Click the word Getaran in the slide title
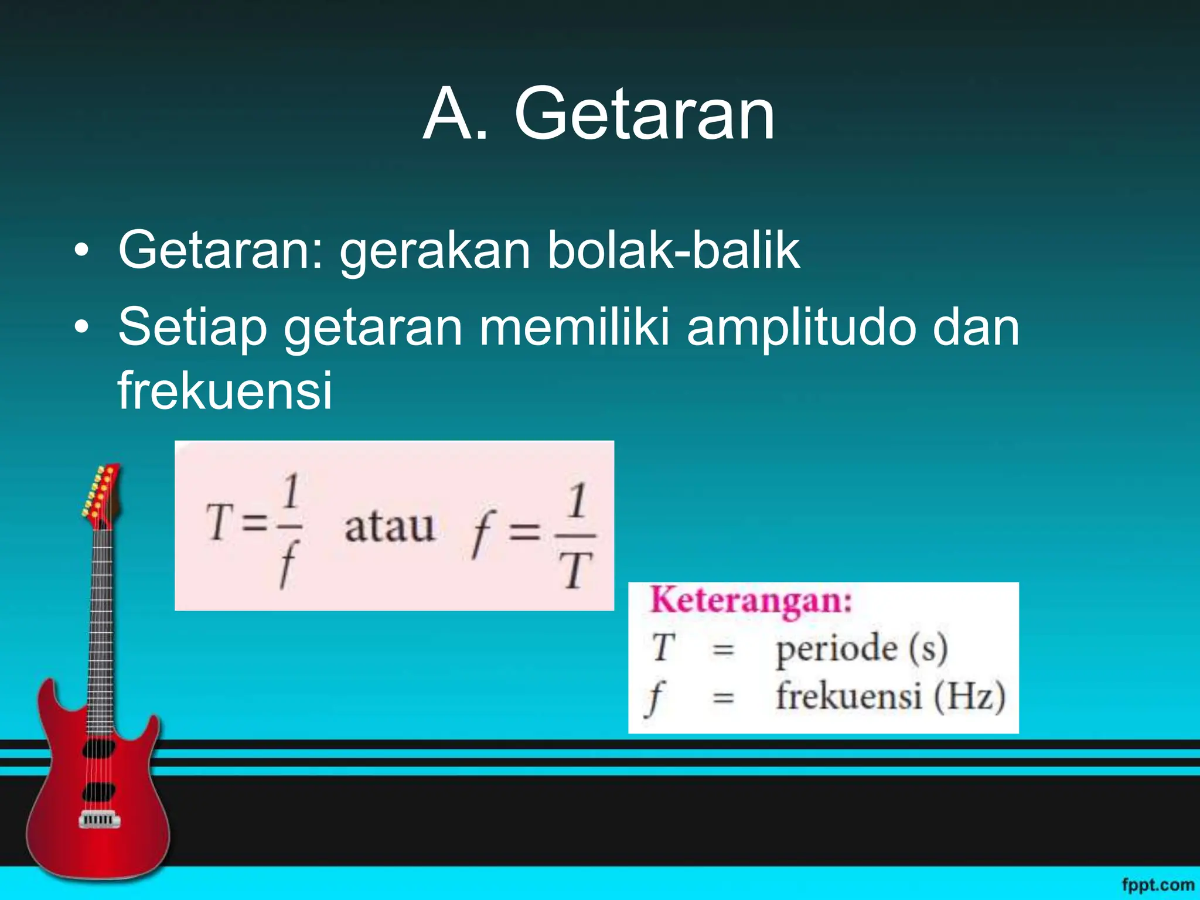(645, 114)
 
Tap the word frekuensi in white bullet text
(225, 390)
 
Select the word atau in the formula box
(390, 527)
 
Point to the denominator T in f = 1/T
(575, 571)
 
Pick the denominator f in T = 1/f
(288, 564)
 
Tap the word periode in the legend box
(837, 649)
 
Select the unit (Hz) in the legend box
(969, 697)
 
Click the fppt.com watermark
(1158, 884)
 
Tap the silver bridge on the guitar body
(100, 820)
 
